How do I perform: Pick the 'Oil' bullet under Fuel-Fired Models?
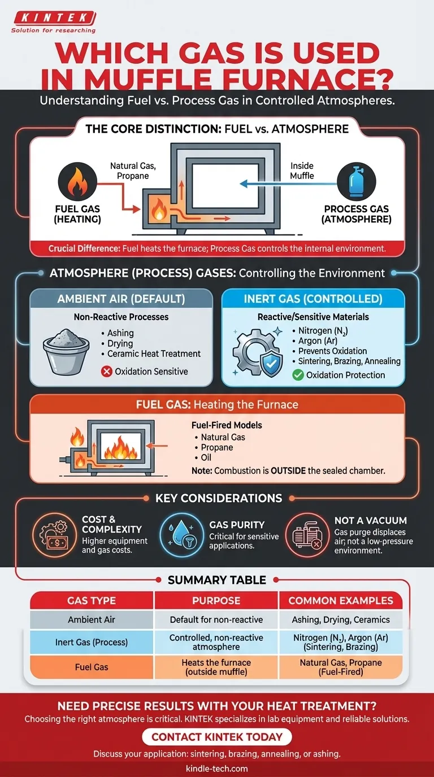point(206,457)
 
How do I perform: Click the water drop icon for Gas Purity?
point(183,532)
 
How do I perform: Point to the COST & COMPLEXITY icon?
point(54,533)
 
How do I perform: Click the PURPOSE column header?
point(216,600)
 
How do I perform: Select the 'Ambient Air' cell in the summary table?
point(92,619)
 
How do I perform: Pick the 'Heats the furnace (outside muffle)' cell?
point(216,667)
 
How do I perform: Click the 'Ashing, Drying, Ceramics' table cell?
point(341,619)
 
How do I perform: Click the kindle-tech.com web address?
point(216,768)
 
